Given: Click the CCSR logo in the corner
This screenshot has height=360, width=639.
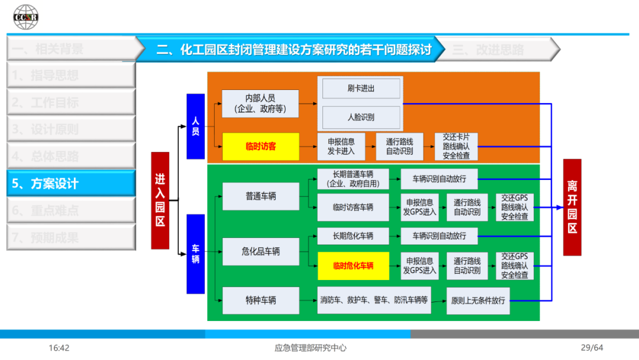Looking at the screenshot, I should [26, 17].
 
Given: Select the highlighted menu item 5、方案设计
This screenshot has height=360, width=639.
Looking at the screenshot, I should [71, 184].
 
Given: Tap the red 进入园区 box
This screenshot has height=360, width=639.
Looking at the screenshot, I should [160, 200].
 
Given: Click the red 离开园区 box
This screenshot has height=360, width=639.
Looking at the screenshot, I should [572, 207].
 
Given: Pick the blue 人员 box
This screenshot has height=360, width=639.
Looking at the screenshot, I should [195, 126].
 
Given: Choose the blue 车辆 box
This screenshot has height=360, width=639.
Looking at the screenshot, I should [195, 254].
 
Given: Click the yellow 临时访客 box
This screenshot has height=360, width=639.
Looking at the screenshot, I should [260, 146].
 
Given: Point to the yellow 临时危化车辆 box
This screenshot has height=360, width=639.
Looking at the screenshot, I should [353, 266].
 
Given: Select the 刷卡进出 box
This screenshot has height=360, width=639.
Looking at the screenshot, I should [361, 89].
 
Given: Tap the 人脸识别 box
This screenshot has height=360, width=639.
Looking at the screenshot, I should [361, 117].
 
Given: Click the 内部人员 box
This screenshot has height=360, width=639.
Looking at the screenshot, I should [260, 104].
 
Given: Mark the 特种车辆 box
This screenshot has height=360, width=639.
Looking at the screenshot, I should [260, 300].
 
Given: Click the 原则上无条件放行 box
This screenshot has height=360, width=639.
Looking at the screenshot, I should [478, 300].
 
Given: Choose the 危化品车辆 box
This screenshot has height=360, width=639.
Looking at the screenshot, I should [260, 252].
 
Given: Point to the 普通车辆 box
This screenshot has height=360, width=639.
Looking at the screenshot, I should [260, 196].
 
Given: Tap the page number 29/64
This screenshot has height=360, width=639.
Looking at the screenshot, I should [591, 348].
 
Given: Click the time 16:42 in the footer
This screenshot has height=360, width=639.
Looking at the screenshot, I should [59, 348].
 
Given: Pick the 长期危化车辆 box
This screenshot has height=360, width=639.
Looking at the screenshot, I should [353, 236].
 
